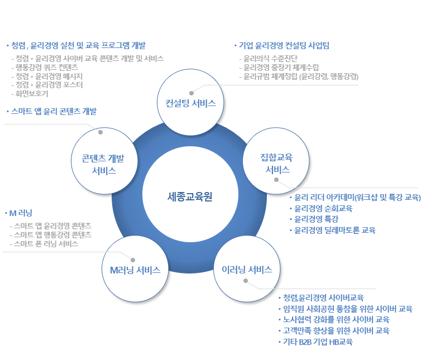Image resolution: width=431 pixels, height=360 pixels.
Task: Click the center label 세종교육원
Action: click(190, 196)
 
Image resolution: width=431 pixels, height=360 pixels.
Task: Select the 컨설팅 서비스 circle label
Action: click(190, 103)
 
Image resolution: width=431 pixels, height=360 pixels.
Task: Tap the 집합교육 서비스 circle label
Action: click(277, 164)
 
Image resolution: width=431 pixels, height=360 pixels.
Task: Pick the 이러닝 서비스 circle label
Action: click(247, 270)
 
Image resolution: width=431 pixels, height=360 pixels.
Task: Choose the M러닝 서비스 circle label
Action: click(135, 270)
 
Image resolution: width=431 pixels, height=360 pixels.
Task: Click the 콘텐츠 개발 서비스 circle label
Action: click(103, 164)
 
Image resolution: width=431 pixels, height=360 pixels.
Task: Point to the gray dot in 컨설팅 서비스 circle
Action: click(191, 93)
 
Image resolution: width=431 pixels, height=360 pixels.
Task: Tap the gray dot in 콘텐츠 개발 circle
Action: click(100, 132)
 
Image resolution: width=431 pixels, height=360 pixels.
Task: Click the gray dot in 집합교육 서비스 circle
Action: click(276, 180)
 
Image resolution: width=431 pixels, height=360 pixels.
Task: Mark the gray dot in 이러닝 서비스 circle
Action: click(246, 281)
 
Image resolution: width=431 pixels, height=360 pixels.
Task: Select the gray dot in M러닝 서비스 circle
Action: click(133, 260)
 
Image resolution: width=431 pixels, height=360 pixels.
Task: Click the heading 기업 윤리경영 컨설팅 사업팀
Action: click(284, 45)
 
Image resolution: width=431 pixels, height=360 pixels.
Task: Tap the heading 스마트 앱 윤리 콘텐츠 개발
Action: click(54, 111)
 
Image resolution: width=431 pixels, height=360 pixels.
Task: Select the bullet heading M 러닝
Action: click(21, 213)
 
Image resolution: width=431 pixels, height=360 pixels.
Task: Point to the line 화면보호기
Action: click(32, 94)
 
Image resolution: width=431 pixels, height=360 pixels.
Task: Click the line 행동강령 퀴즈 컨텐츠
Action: click(47, 68)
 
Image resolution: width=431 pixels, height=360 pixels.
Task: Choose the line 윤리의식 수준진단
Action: click(270, 58)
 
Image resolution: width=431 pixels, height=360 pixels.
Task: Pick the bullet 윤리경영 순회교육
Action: click(323, 208)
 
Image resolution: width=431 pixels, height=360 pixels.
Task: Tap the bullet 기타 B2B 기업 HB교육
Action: click(318, 342)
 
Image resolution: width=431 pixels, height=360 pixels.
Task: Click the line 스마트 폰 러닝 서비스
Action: click(46, 244)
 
